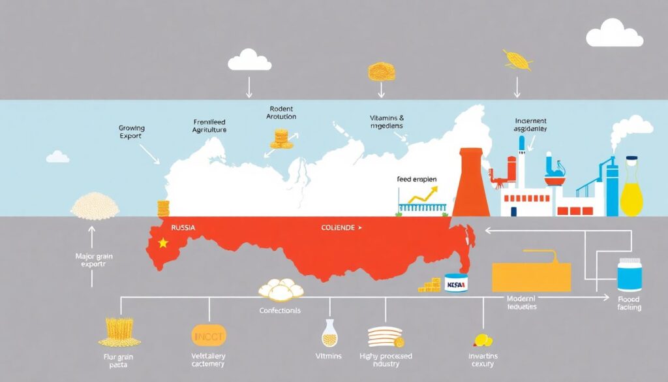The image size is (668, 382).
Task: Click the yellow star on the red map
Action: click(x=163, y=243)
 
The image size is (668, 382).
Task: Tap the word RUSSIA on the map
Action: click(x=182, y=228)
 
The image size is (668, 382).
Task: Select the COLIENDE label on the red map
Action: click(x=338, y=228)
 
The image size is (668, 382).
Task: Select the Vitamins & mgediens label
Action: click(x=386, y=122)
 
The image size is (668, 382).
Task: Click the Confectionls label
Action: click(x=281, y=310)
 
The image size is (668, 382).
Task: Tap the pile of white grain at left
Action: click(x=95, y=206)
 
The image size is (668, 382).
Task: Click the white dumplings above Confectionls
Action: click(x=282, y=289)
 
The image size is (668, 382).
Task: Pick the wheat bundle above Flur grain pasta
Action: click(x=120, y=331)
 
